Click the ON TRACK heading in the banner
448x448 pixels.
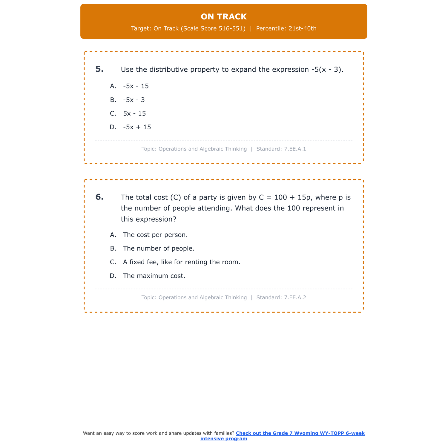224,17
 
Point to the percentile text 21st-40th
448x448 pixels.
302,29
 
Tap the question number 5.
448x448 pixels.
99,69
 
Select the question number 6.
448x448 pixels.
99,197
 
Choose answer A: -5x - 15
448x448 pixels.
136,86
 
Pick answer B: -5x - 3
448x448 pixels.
134,100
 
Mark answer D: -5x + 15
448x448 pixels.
137,127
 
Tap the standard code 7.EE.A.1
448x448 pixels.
295,149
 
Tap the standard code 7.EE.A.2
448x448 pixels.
295,297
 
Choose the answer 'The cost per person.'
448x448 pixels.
155,235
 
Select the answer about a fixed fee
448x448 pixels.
182,262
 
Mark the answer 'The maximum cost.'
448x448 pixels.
154,276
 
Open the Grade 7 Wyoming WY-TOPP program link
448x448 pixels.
300,433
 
